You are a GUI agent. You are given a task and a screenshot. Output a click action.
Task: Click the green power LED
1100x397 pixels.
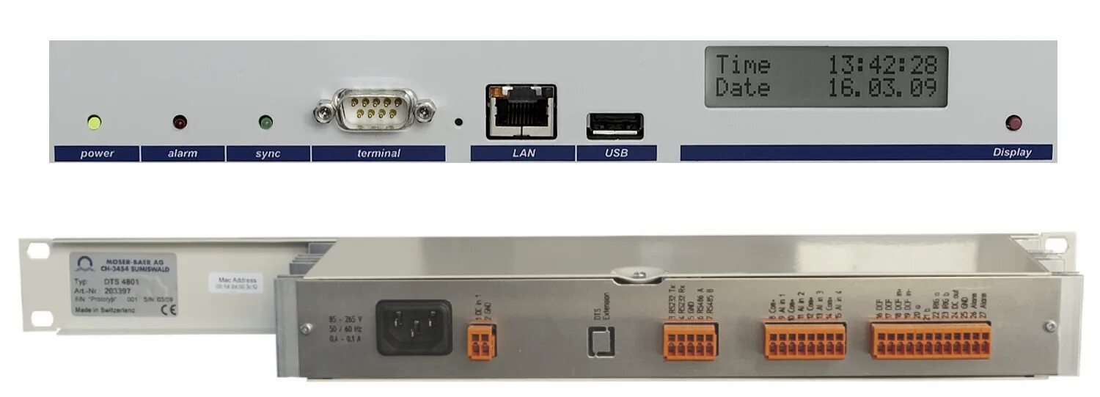click(93, 122)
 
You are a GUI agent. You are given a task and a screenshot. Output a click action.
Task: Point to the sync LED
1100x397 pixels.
click(265, 122)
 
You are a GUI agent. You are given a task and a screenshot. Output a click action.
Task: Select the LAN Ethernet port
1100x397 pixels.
click(521, 112)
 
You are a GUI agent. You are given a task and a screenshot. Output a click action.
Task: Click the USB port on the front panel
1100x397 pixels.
click(615, 126)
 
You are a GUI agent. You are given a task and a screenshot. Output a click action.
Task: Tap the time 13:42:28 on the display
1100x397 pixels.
click(883, 65)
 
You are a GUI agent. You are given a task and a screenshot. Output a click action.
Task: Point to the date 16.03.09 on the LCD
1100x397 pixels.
click(883, 89)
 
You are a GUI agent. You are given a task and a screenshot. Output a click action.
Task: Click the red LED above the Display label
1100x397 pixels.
click(1014, 123)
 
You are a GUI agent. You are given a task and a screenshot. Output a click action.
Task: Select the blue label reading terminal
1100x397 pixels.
click(378, 153)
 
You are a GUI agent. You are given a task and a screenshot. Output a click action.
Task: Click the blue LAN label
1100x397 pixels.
click(523, 153)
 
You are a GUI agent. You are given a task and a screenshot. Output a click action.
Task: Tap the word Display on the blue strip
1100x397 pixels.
click(1012, 153)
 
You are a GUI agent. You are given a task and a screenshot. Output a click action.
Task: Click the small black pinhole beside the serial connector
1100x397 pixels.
click(459, 122)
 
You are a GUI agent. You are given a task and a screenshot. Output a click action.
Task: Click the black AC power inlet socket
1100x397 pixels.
click(414, 327)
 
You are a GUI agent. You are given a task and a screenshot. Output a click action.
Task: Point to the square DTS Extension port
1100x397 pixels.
click(601, 341)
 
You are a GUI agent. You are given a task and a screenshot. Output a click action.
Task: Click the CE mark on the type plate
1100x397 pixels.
click(165, 309)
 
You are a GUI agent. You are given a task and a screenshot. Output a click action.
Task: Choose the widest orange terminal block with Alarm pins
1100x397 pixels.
click(931, 342)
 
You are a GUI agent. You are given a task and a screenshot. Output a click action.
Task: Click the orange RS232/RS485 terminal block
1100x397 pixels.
click(689, 342)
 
